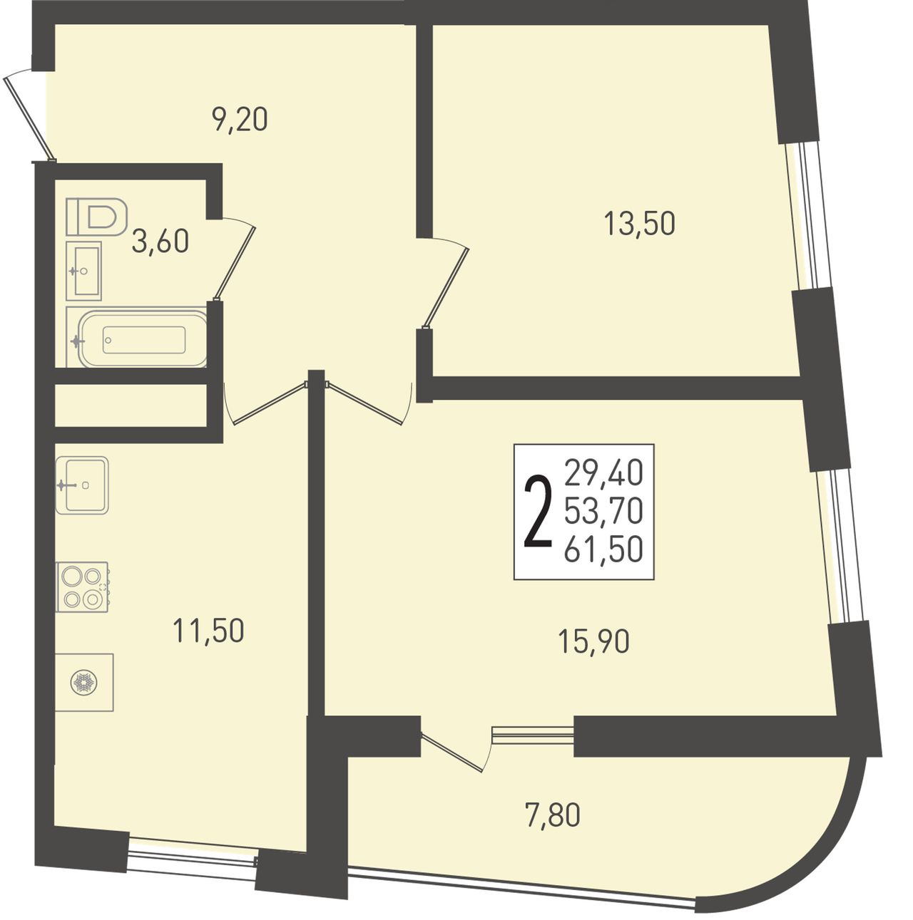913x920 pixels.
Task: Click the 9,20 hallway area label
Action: tap(239, 119)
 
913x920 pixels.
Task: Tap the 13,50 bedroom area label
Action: tap(639, 224)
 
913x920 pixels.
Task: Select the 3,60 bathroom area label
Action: tap(160, 241)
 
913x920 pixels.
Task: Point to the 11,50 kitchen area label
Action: tap(208, 630)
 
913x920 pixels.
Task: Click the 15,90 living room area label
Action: tap(593, 641)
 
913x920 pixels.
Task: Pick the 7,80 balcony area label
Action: tap(551, 815)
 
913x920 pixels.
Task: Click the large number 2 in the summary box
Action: tap(539, 511)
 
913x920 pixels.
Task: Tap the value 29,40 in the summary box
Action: tap(603, 472)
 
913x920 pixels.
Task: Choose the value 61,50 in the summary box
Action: tap(603, 549)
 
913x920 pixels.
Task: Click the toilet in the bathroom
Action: tap(97, 217)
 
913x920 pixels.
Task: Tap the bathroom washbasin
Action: tap(83, 271)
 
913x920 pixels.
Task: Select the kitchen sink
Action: tap(82, 485)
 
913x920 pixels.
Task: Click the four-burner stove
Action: tap(82, 586)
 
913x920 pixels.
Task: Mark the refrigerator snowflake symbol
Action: tap(83, 682)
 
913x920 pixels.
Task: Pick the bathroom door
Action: tap(235, 259)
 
